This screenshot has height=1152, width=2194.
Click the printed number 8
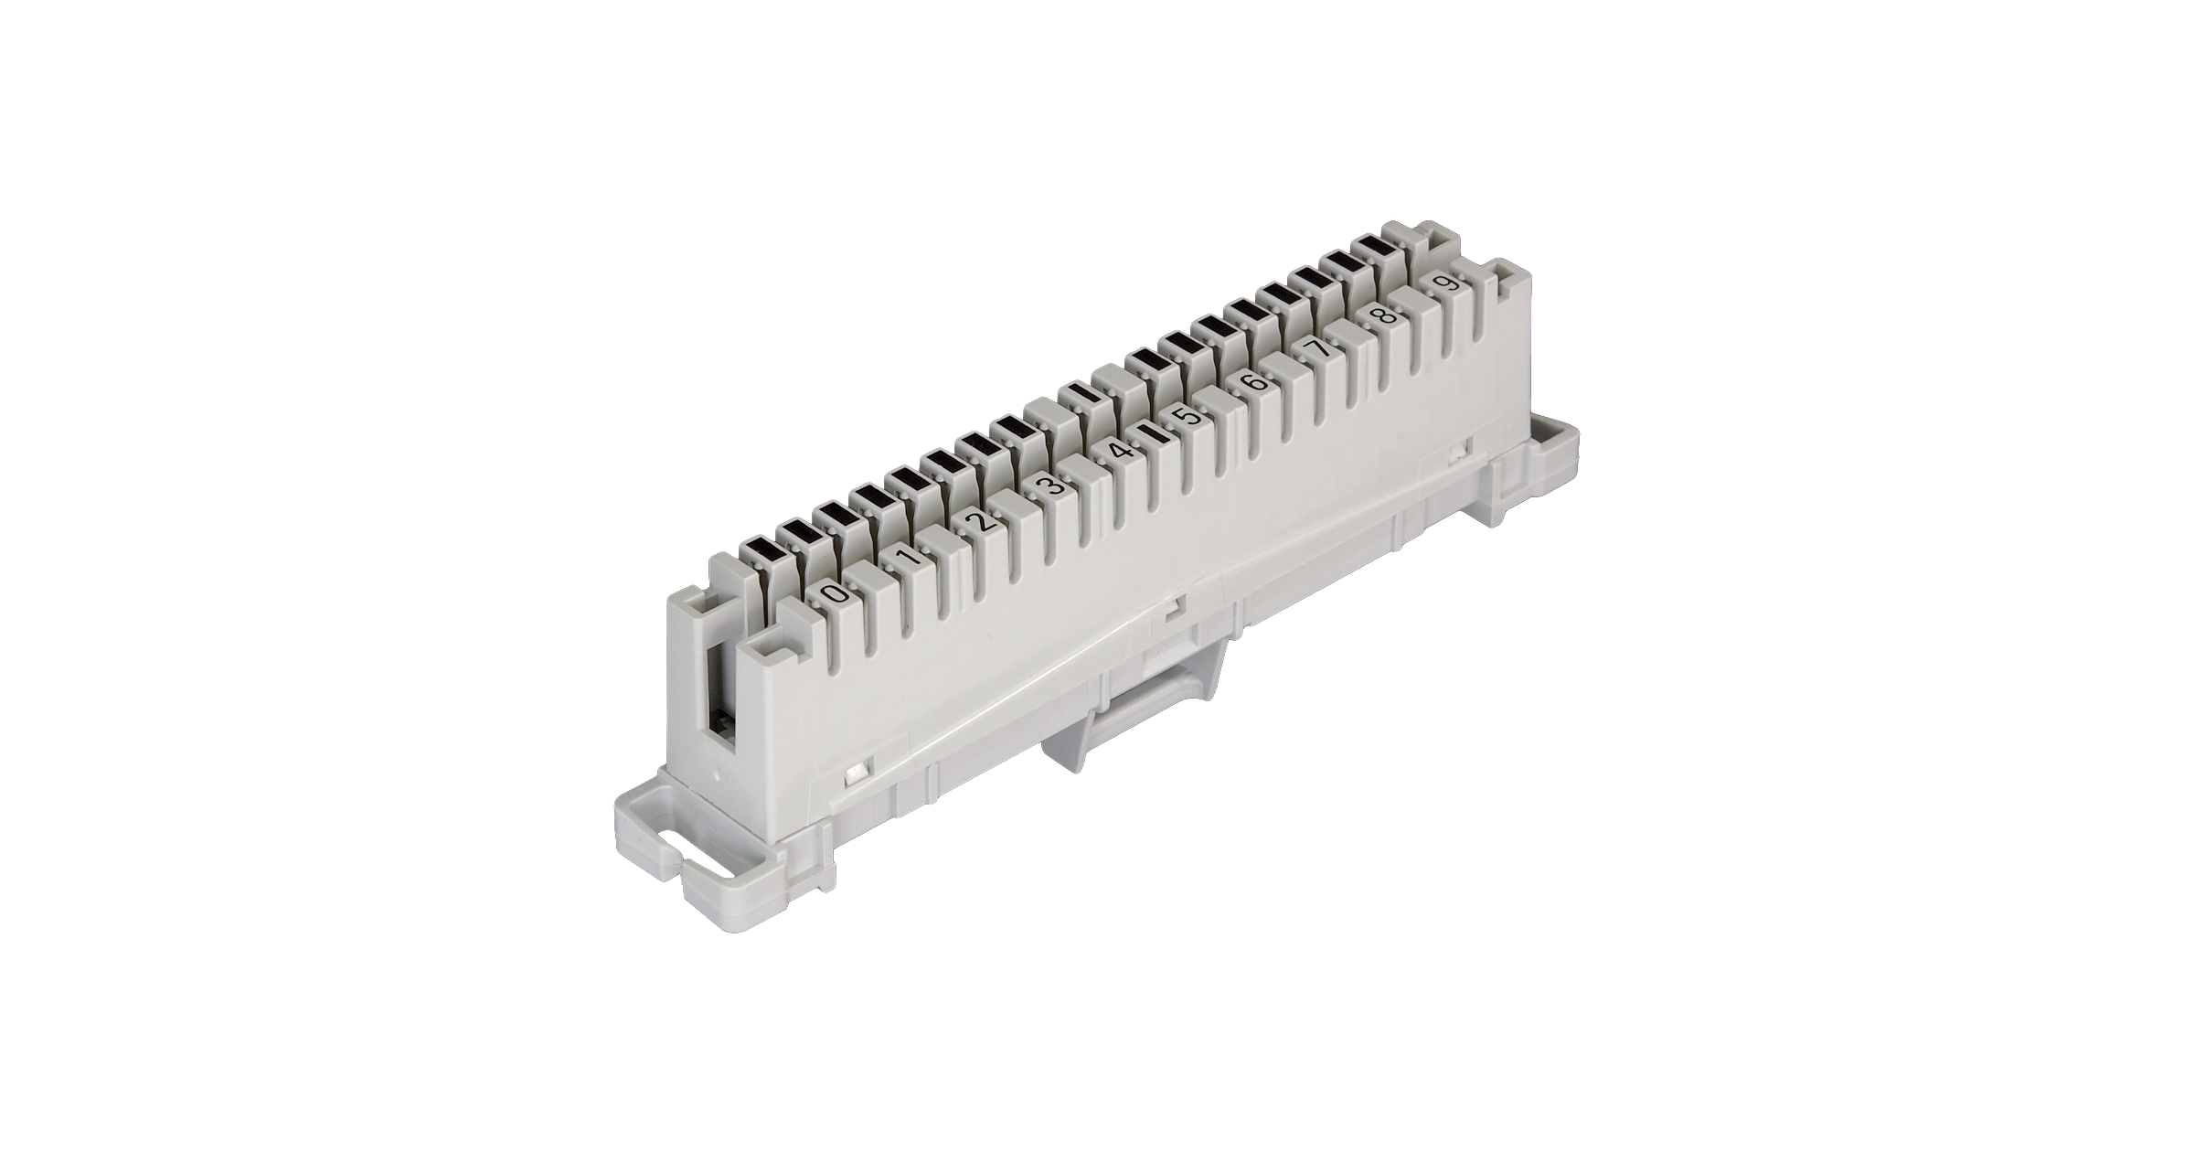pyautogui.click(x=1386, y=315)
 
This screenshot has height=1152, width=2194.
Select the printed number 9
pyautogui.click(x=1447, y=283)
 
